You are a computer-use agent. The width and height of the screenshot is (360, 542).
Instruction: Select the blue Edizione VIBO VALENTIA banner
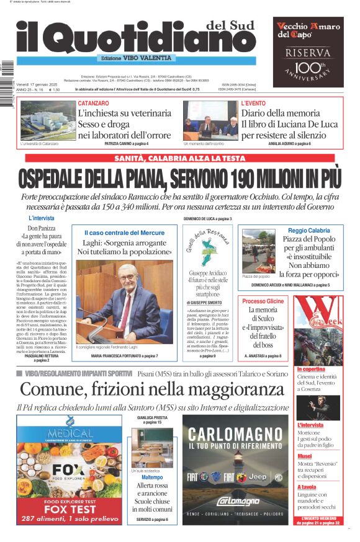click(x=136, y=58)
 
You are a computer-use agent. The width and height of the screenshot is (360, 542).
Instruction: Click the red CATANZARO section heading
click(x=94, y=103)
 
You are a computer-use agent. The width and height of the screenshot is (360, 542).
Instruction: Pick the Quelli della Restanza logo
click(x=207, y=247)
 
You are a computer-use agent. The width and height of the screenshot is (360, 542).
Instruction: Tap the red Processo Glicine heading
click(x=263, y=301)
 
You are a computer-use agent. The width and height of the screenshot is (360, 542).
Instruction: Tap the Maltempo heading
click(x=152, y=478)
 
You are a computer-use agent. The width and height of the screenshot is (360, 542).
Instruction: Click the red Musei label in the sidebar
click(x=304, y=456)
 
